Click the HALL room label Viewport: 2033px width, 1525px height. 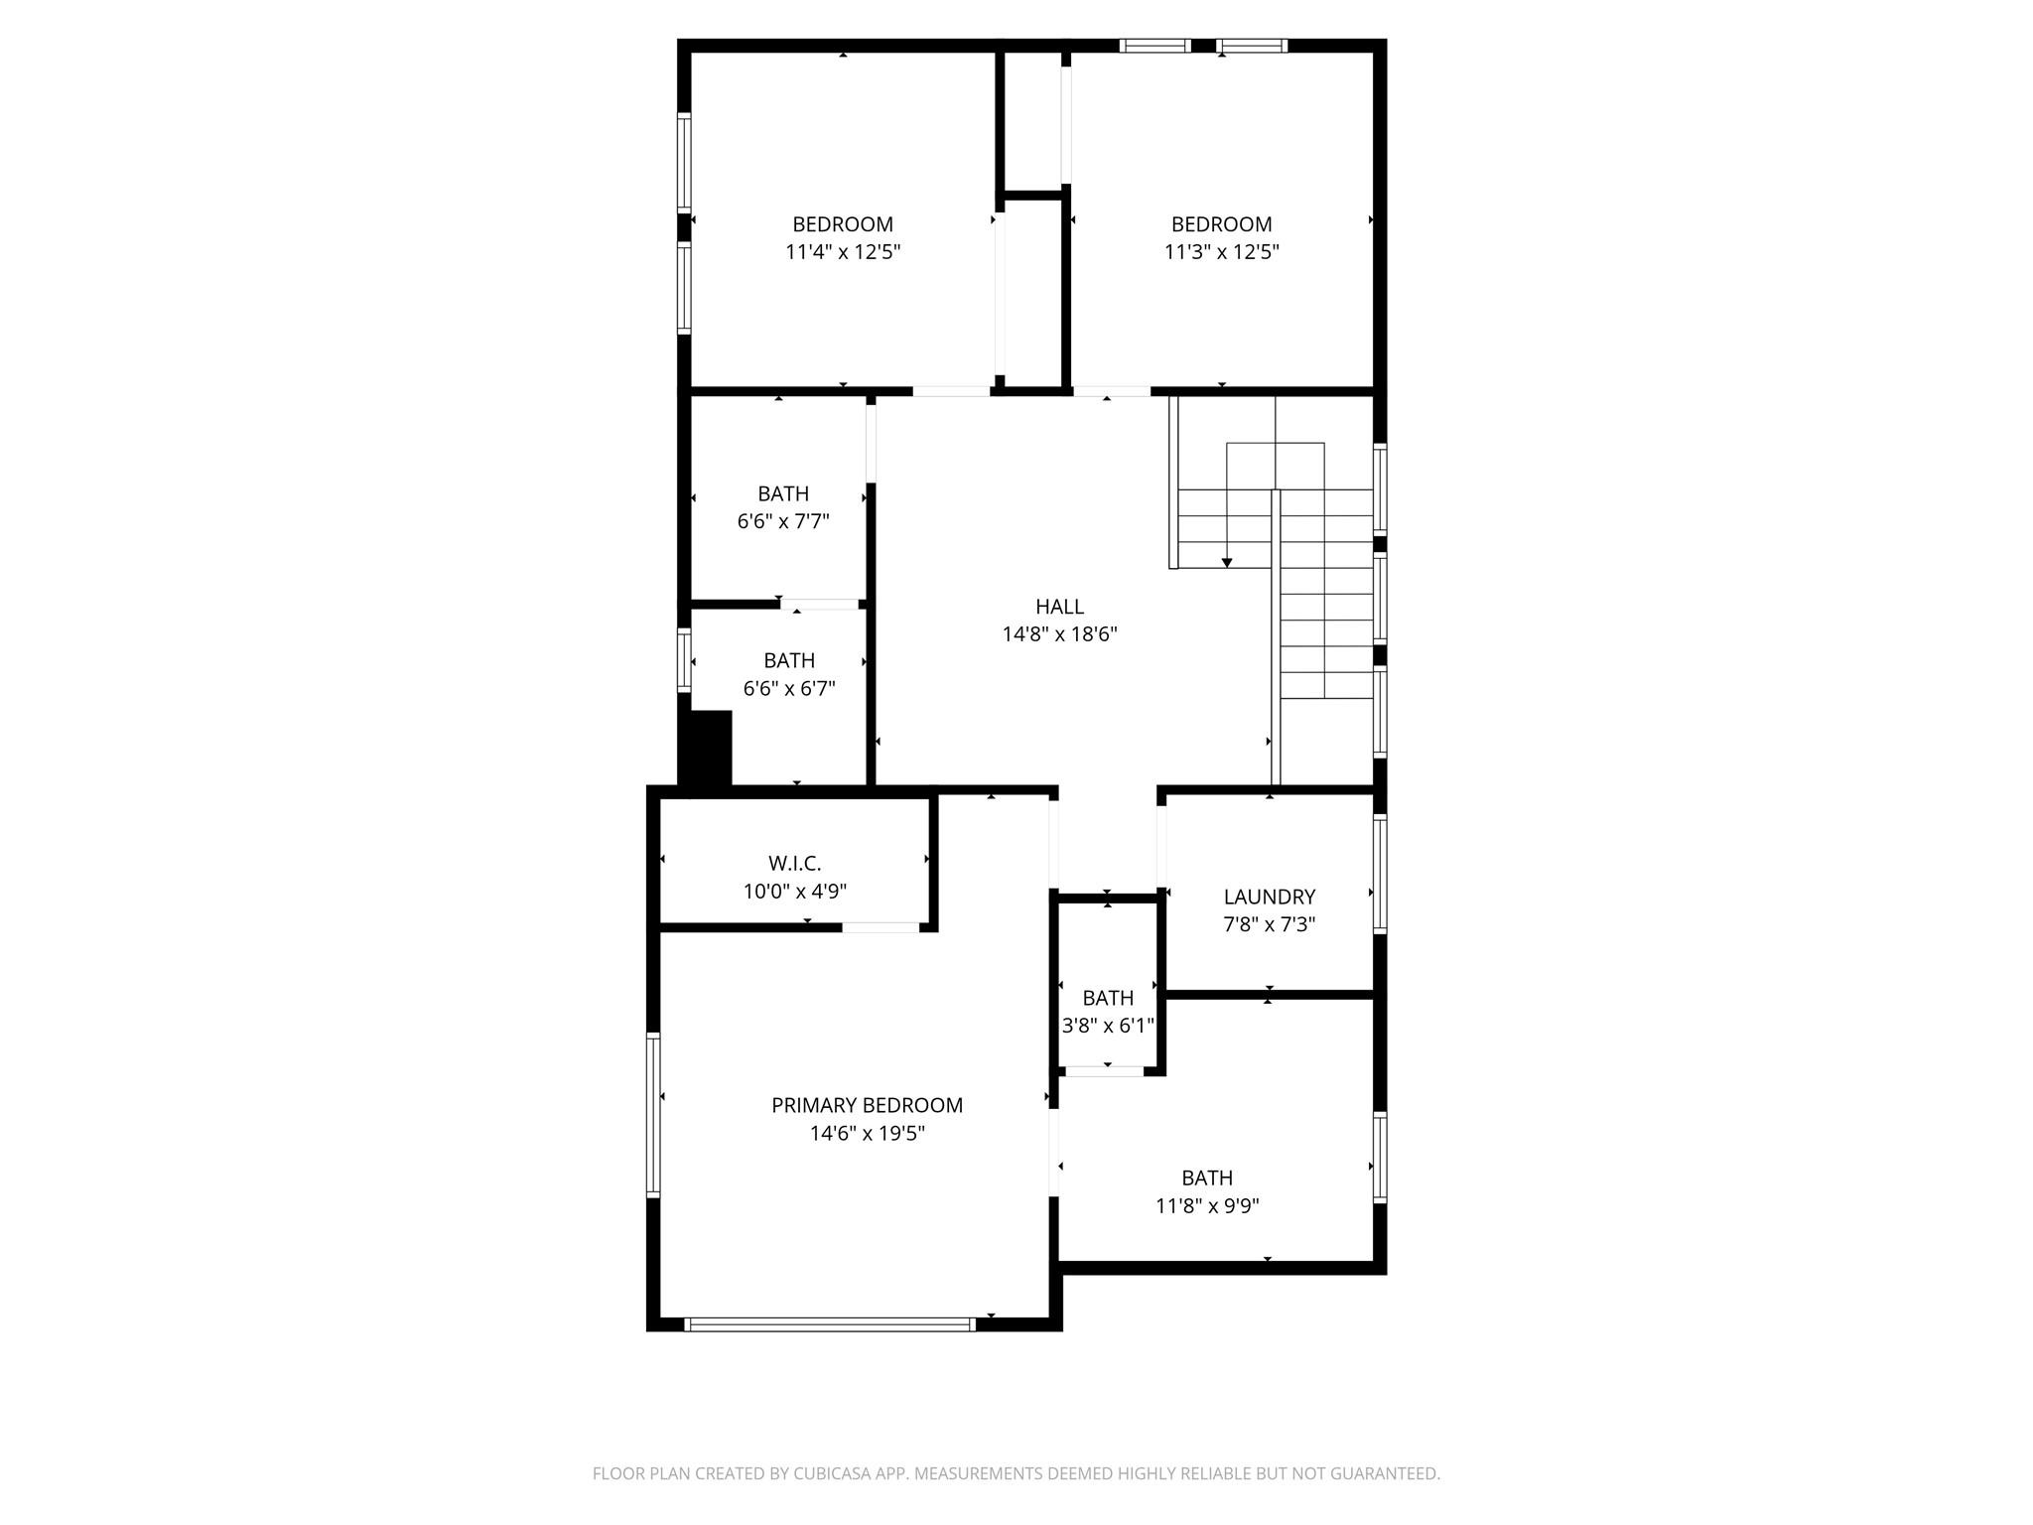point(1059,607)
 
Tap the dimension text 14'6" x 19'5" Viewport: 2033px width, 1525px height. point(867,1134)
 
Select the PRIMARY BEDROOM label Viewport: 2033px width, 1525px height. point(867,1105)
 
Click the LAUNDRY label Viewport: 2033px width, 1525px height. point(1269,897)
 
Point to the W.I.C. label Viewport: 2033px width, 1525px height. point(794,864)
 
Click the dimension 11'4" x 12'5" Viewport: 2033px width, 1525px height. point(842,252)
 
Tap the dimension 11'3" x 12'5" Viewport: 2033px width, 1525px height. point(1221,252)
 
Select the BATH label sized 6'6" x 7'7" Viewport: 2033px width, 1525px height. point(783,493)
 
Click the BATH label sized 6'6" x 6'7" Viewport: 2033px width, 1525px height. point(789,660)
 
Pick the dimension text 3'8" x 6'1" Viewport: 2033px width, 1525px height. point(1108,1026)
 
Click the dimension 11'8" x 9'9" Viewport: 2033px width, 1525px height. point(1207,1206)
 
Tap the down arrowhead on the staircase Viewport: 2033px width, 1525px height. point(1227,563)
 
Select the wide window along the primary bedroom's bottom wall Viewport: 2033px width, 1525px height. point(830,1323)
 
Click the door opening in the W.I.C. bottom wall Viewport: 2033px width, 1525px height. point(881,927)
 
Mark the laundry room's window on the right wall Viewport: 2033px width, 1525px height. point(1380,873)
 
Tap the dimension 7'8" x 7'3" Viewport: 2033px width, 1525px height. point(1269,925)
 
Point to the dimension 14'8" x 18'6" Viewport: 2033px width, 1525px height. point(1059,634)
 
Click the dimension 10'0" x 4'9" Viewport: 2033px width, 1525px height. point(794,892)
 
